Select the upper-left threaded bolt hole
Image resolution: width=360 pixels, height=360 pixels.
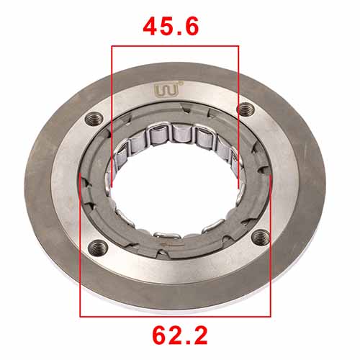click(94, 119)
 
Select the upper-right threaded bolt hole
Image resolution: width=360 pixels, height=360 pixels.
click(247, 109)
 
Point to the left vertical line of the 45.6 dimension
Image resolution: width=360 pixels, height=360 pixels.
click(112, 115)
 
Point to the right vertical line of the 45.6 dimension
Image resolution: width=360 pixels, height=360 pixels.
click(238, 115)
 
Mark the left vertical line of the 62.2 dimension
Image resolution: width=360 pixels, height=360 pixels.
click(80, 245)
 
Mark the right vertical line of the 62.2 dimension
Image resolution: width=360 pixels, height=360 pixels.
click(270, 245)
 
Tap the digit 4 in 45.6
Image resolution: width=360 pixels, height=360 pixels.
click(149, 27)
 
